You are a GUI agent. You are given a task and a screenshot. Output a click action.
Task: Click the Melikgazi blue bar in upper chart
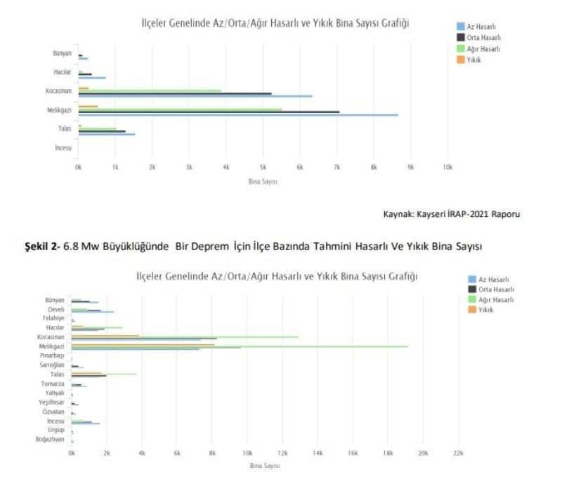pyautogui.click(x=238, y=115)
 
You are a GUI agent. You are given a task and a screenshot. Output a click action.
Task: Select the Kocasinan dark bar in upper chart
pyautogui.click(x=175, y=93)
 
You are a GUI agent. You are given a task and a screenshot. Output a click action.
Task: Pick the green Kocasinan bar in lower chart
pyautogui.click(x=185, y=336)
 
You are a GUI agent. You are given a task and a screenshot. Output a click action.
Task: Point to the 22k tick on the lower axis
pyautogui.click(x=458, y=453)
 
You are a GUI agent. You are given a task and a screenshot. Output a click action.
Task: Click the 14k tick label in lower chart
pyautogui.click(x=318, y=453)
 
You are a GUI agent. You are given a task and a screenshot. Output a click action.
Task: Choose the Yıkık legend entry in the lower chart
pyautogui.click(x=482, y=310)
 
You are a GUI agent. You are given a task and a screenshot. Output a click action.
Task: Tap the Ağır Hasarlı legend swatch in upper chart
pyautogui.click(x=461, y=48)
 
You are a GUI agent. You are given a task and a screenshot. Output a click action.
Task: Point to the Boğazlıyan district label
pyautogui.click(x=51, y=439)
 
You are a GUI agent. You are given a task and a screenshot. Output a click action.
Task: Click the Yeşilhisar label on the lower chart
pyautogui.click(x=51, y=403)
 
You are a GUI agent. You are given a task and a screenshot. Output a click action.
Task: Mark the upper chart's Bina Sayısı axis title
pyautogui.click(x=263, y=182)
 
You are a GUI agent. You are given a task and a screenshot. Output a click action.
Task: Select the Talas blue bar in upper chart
pyautogui.click(x=106, y=134)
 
